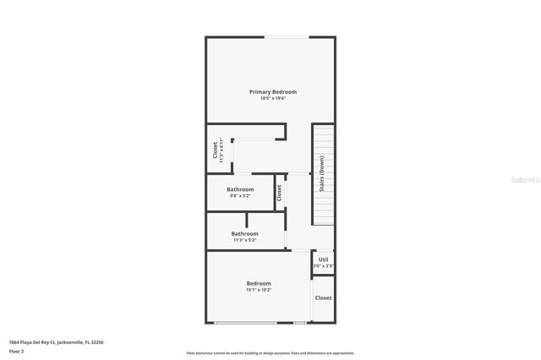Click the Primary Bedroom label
[272, 91]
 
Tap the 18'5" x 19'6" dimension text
[272, 99]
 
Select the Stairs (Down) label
[322, 175]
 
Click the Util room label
[323, 259]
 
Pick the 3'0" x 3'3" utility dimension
[323, 266]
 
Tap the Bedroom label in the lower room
[259, 283]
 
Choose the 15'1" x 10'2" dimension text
[259, 290]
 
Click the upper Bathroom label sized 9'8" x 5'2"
[240, 189]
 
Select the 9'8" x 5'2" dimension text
[240, 196]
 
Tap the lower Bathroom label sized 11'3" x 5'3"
[245, 233]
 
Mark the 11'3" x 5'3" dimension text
[245, 240]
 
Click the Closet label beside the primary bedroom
[215, 150]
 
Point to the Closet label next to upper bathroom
[279, 192]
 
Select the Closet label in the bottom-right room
[323, 297]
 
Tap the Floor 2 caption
[17, 351]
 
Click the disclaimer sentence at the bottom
[270, 352]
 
